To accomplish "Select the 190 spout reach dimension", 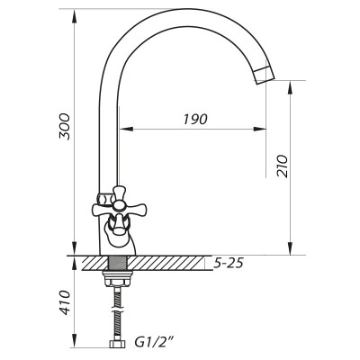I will pos(195,119).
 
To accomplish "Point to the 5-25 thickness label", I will pos(229,263).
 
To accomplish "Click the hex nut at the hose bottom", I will pos(115,345).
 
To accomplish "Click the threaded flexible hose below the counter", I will pos(115,310).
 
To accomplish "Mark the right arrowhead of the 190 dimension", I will pos(264,130).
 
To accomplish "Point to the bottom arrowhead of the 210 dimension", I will pos(289,251).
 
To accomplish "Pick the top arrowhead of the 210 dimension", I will pos(289,84).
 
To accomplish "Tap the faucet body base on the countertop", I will pos(116,245).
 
